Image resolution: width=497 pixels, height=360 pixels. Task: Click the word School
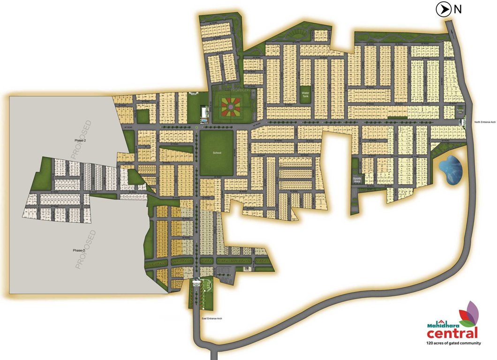[217, 153]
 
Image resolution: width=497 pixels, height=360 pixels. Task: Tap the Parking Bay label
[460, 112]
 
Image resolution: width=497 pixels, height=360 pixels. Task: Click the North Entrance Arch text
[485, 122]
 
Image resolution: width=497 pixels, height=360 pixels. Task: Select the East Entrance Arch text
[211, 318]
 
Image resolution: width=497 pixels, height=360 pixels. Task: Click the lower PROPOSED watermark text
[85, 249]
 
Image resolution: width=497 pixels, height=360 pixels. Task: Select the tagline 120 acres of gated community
[453, 343]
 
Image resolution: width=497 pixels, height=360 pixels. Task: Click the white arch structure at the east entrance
[196, 282]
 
